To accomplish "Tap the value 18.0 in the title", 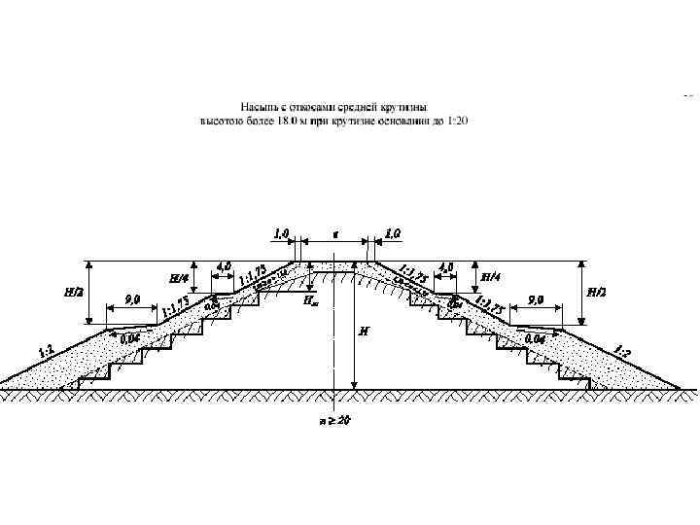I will point(292,121).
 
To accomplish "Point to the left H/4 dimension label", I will point(179,278).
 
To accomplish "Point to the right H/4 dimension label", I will point(492,276).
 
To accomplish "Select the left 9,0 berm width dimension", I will point(132,299).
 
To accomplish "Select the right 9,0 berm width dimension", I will point(535,299).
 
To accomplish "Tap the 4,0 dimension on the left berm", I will point(224,265).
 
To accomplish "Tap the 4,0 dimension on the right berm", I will point(447,265).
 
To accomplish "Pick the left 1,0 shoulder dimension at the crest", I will point(282,233).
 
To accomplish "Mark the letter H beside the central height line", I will point(364,331).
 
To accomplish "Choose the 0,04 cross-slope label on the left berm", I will point(129,338).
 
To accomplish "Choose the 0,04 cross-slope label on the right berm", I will point(535,338).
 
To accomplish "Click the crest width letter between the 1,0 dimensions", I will point(335,234).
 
